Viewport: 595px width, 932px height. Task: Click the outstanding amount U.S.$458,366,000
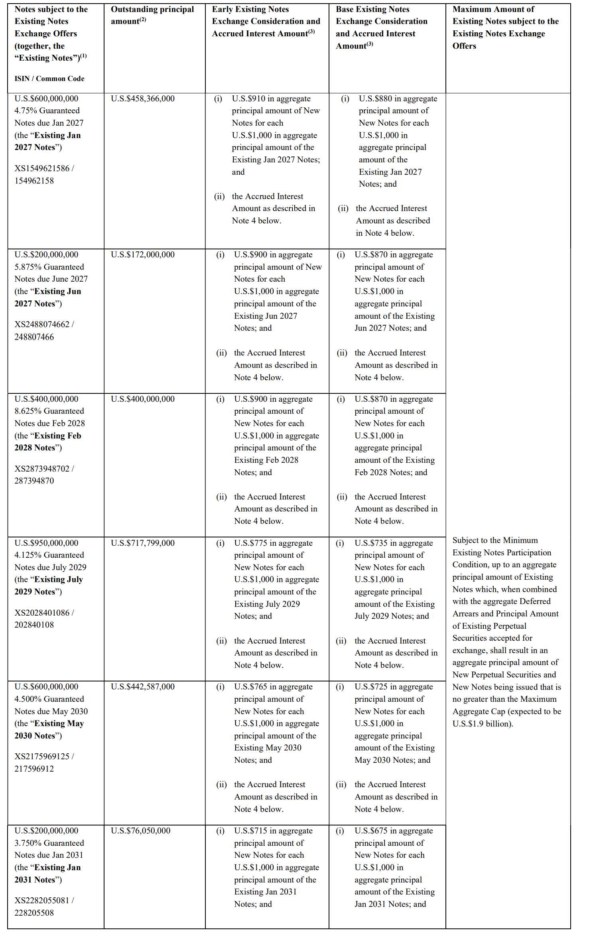pyautogui.click(x=142, y=99)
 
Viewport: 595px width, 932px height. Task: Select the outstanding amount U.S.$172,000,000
pyautogui.click(x=142, y=255)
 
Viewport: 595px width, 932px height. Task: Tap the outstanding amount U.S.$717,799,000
pyautogui.click(x=142, y=543)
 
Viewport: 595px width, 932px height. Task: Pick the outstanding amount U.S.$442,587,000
pyautogui.click(x=142, y=687)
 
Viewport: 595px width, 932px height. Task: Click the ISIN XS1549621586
pyautogui.click(x=42, y=168)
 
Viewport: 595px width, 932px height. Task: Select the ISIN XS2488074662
pyautogui.click(x=42, y=324)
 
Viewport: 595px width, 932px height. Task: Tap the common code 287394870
pyautogui.click(x=34, y=481)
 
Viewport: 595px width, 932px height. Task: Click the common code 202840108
pyautogui.click(x=34, y=625)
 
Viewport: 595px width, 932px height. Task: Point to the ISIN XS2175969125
pyautogui.click(x=42, y=756)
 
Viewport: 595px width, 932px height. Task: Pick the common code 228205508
pyautogui.click(x=34, y=913)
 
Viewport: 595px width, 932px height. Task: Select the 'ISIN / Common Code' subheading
pyautogui.click(x=49, y=79)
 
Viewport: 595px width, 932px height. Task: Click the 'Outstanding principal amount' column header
pyautogui.click(x=152, y=15)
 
